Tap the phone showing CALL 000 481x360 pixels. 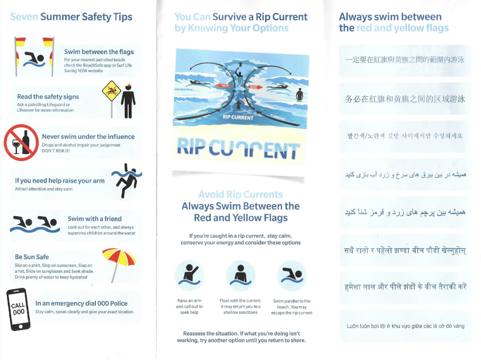(19, 309)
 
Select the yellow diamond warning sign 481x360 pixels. (111, 89)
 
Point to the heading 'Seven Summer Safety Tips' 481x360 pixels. (71, 17)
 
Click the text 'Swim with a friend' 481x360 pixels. (94, 219)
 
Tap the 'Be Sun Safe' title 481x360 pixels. (31, 257)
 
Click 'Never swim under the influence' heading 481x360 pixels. (88, 137)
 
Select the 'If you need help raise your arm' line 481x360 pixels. (60, 181)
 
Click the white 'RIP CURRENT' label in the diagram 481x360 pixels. (238, 117)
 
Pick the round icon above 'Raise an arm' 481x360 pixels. (189, 274)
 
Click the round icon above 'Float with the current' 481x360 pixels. (241, 274)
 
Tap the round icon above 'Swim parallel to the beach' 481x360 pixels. (292, 274)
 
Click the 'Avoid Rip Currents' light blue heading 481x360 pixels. (240, 194)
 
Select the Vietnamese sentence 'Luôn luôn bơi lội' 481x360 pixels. (405, 326)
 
